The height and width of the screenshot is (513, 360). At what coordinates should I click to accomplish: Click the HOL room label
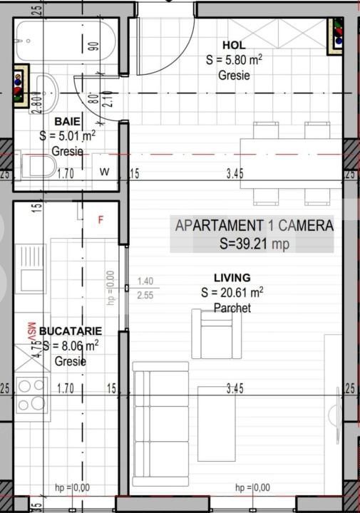click(x=234, y=45)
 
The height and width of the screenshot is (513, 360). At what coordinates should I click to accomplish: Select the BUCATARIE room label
click(x=71, y=331)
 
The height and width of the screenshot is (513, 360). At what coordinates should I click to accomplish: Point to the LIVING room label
click(x=232, y=277)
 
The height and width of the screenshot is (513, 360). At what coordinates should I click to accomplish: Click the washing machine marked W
click(x=105, y=172)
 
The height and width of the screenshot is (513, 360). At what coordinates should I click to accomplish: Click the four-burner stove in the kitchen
click(x=31, y=395)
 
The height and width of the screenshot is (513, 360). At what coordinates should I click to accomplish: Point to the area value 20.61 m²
click(x=232, y=292)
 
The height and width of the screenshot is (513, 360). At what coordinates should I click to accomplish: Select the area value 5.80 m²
click(x=234, y=61)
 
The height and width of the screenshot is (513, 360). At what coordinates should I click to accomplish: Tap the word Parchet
click(x=232, y=308)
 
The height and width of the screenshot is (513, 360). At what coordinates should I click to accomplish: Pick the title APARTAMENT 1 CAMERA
click(x=254, y=226)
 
